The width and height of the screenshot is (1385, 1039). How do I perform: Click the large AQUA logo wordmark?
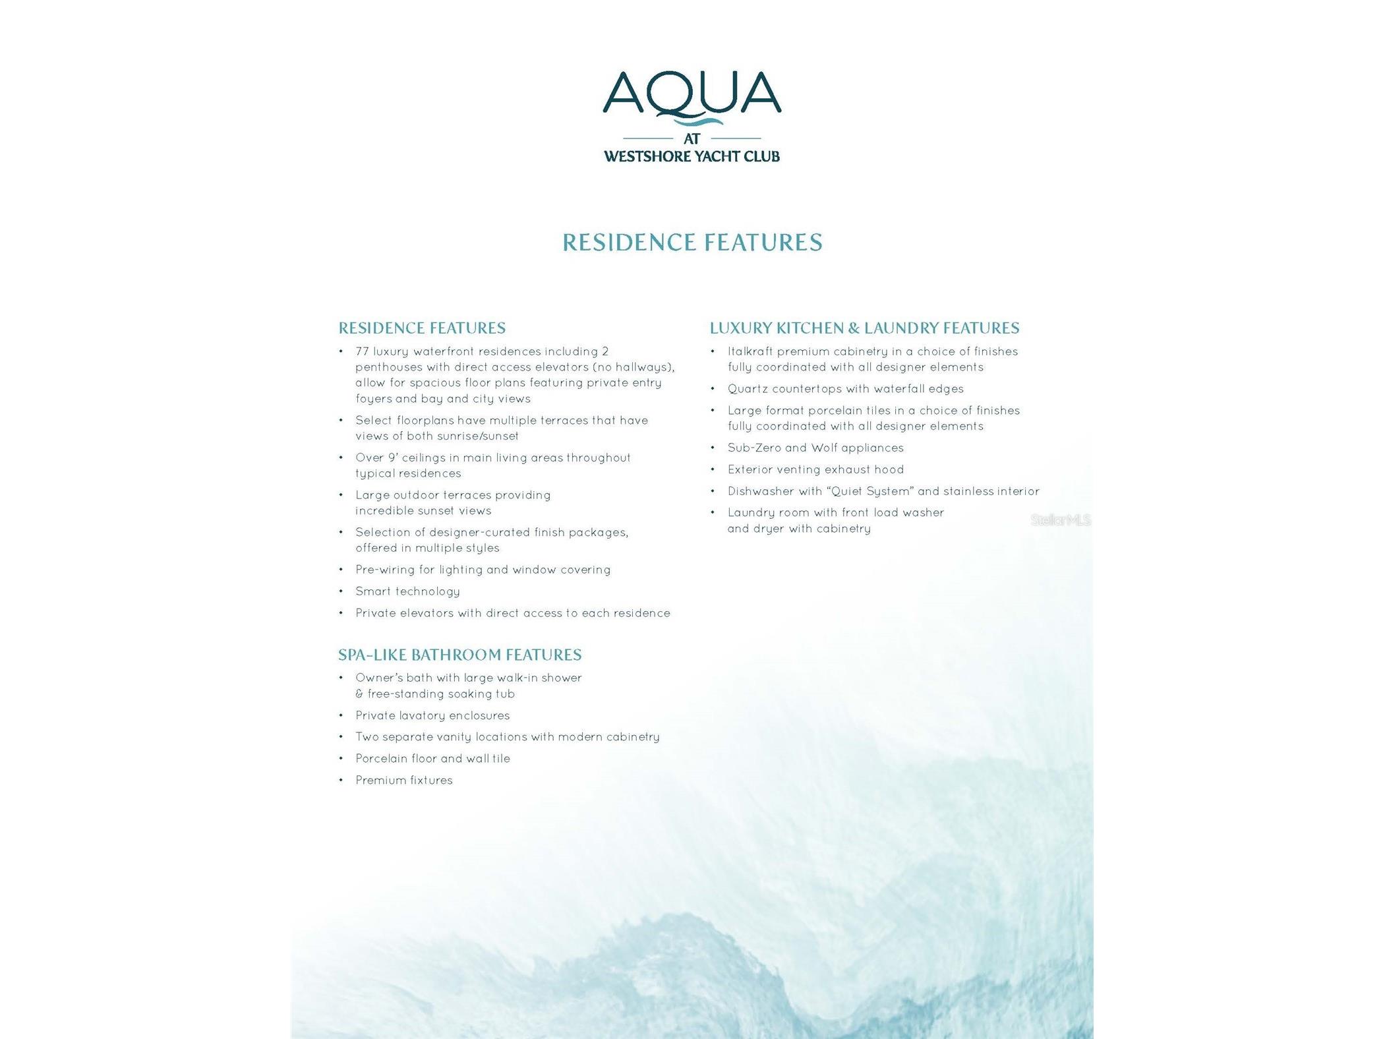[x=692, y=94]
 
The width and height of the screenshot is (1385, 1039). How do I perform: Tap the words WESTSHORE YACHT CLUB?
[x=692, y=157]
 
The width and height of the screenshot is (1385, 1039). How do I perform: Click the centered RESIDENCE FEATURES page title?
[x=692, y=243]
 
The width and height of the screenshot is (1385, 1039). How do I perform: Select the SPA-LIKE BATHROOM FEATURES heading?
[x=459, y=655]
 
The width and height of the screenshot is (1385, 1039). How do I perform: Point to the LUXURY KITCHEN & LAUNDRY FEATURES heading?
[x=864, y=328]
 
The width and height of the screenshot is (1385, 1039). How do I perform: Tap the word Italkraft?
[x=750, y=351]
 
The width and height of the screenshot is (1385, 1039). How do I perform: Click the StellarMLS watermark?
[x=1060, y=520]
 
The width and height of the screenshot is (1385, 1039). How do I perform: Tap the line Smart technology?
[x=407, y=591]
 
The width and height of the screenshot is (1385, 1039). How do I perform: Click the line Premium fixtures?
[x=404, y=780]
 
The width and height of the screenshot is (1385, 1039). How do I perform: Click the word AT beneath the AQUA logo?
[x=692, y=138]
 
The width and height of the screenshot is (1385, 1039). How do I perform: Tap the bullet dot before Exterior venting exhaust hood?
[x=713, y=470]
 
